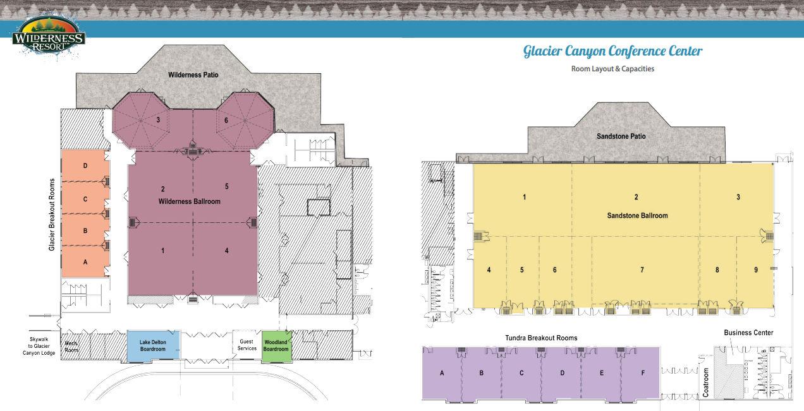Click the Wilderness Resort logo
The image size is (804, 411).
point(49,36)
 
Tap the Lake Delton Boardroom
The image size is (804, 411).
point(153,345)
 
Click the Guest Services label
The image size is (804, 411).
point(247,345)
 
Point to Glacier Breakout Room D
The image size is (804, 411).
point(85,165)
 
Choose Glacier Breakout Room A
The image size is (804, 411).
point(85,262)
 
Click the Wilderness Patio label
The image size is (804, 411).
point(193,75)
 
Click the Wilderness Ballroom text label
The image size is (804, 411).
point(190,201)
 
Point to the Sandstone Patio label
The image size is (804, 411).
point(621,136)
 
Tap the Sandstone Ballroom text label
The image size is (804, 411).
point(638,215)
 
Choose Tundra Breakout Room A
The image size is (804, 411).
point(442,373)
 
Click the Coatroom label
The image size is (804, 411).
point(705,383)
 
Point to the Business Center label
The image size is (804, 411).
point(748,333)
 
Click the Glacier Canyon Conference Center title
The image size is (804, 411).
point(612,51)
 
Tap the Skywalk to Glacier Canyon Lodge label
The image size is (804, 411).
point(39,346)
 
